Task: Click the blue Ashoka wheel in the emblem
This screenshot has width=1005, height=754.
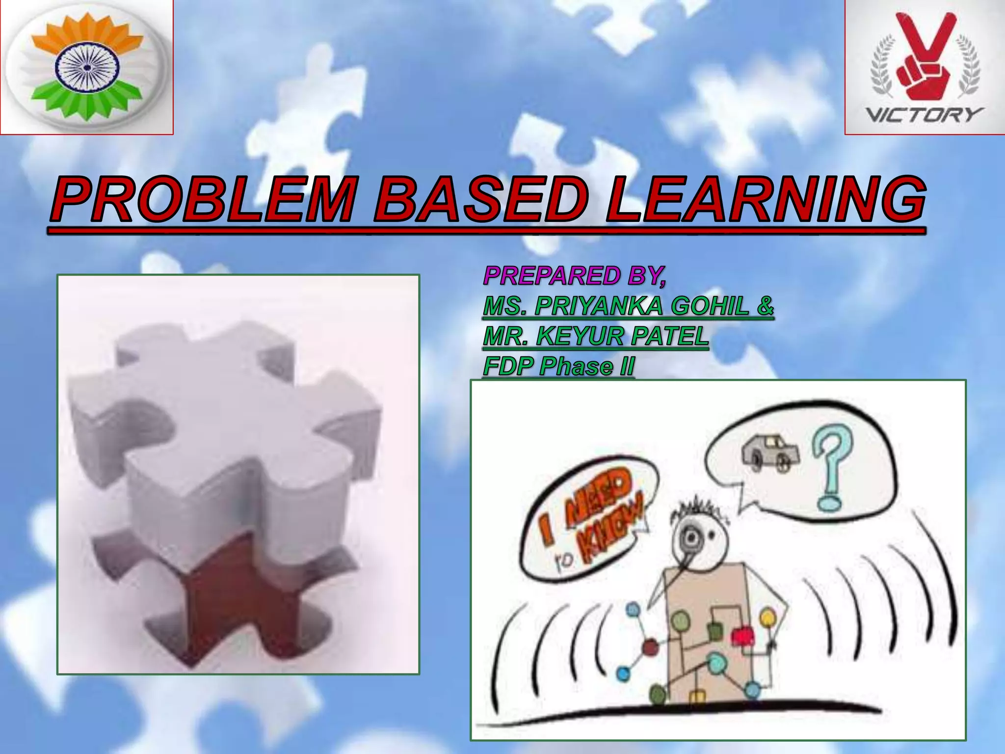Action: [x=86, y=68]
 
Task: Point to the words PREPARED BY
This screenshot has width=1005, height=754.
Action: [x=574, y=276]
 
